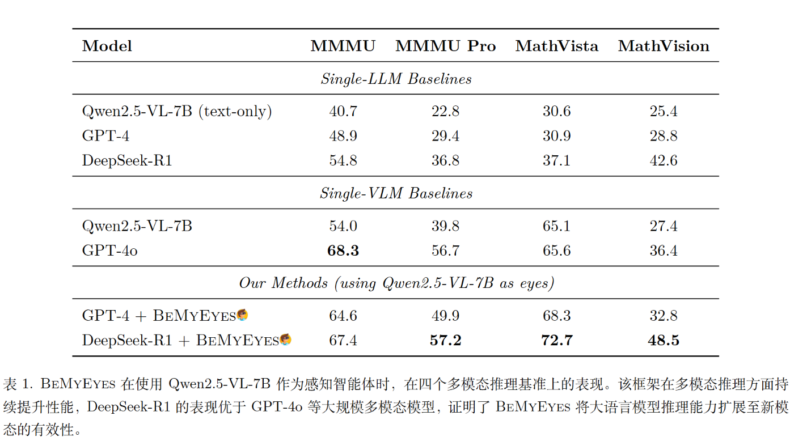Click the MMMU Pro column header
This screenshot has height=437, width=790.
445,46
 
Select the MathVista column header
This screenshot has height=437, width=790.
556,46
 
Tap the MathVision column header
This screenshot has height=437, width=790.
664,46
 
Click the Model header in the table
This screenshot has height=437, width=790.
107,46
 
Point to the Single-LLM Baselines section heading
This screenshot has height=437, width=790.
396,79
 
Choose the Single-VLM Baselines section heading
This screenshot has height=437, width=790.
396,193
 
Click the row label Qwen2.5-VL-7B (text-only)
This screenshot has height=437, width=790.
177,112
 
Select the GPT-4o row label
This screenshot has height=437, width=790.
110,251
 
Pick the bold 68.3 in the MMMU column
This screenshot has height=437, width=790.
343,251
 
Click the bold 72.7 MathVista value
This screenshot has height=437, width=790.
556,340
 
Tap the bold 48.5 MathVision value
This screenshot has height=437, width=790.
664,340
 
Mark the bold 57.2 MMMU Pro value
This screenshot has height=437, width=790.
445,340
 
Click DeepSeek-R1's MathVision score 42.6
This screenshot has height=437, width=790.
664,160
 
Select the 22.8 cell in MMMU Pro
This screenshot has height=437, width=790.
445,112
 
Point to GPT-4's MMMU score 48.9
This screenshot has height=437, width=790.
343,136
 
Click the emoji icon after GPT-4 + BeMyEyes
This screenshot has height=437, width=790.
243,315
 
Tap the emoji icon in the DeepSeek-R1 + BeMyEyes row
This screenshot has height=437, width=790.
286,340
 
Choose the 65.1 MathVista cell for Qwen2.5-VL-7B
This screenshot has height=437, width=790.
556,226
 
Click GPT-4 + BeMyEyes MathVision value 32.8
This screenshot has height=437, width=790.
664,316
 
